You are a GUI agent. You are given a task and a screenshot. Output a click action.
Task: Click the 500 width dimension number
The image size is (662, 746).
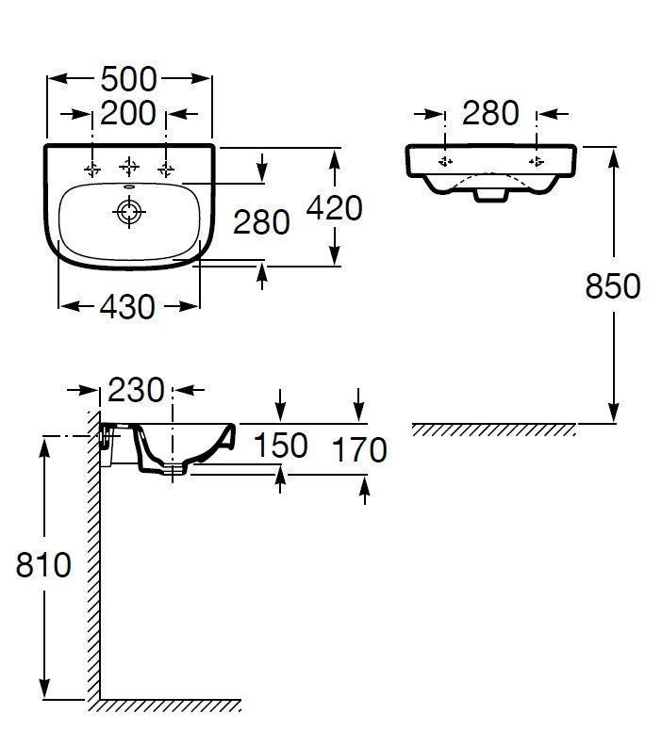[128, 79]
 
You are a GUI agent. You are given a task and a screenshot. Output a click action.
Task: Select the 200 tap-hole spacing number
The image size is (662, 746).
[128, 113]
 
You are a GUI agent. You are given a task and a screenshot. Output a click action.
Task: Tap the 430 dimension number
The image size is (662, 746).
[127, 307]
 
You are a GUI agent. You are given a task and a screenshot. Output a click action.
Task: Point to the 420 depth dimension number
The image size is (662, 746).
[335, 208]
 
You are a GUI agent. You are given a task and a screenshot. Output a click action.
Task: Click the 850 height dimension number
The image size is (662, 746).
[613, 286]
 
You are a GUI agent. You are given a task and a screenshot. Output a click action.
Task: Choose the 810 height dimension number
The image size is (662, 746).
[43, 565]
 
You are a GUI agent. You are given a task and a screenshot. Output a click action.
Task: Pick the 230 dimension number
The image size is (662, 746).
[136, 390]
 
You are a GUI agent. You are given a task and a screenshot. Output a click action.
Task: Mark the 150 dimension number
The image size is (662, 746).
[280, 446]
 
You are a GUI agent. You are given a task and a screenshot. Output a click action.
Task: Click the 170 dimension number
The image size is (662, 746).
[359, 450]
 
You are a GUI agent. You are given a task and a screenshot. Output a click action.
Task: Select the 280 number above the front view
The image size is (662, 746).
[490, 113]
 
